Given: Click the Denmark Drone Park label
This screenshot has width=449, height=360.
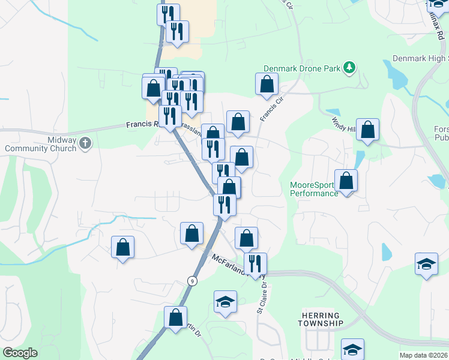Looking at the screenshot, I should coord(303,68).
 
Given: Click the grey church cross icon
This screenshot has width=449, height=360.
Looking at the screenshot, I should coord(85,143).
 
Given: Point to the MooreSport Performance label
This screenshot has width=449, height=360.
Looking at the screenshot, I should coord(314,189).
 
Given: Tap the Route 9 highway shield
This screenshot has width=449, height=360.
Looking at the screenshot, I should coord(191,280).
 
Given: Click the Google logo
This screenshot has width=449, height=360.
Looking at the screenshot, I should coord(20,352).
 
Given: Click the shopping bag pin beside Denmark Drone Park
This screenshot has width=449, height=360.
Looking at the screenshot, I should coord(267,85).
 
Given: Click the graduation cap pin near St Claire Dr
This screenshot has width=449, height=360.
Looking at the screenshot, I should coord(225,302).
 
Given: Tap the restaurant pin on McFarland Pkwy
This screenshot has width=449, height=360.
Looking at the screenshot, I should coord(255,264).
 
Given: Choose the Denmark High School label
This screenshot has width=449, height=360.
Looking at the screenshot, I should coord(420,58).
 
